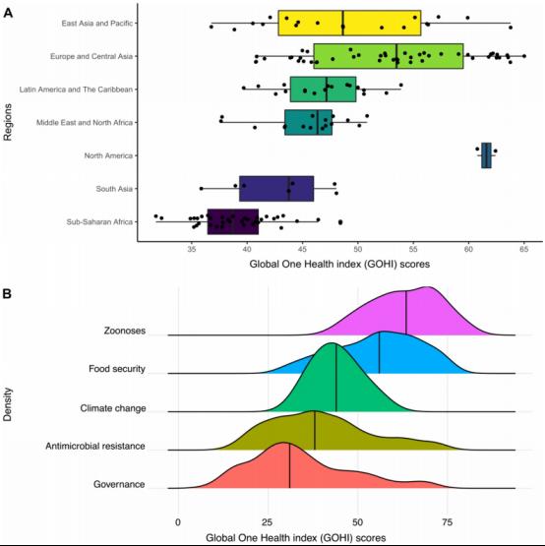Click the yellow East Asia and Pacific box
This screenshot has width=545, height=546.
coord(349,23)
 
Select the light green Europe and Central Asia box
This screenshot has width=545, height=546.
coord(389,56)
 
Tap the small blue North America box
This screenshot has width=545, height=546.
coord(486,155)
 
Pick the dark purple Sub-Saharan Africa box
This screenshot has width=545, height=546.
coord(233,221)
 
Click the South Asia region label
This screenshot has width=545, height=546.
coord(114,189)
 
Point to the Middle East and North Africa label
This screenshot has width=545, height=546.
coord(85,123)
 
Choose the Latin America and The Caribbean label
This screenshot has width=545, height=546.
coord(76,90)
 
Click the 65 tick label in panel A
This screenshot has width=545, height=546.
coord(523,249)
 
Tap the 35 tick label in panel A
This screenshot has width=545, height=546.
coord(192,249)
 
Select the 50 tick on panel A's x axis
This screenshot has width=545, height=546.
coord(358,249)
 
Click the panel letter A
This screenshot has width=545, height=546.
coord(8,14)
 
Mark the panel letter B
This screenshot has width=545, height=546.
coord(7,294)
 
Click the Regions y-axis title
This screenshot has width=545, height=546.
coord(7,122)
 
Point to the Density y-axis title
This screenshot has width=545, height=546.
coord(7,404)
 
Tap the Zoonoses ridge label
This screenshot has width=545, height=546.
coord(125,331)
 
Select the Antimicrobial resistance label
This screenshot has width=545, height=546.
coord(95,446)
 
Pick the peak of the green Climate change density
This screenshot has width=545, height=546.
coord(331,343)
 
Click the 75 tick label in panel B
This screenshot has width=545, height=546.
coord(448,522)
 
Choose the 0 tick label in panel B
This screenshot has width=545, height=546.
coord(178,522)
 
